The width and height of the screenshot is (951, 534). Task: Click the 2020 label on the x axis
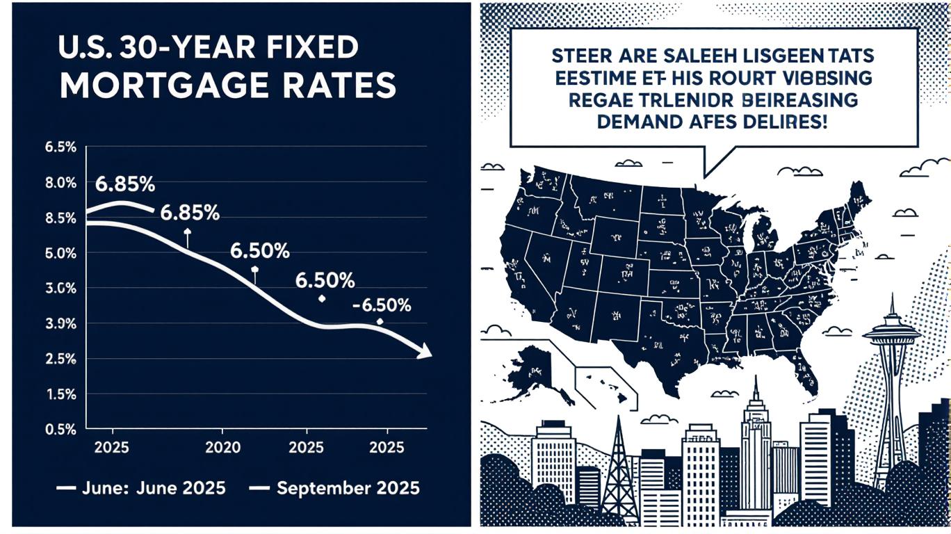pyautogui.click(x=224, y=446)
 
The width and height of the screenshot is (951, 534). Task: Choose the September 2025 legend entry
pyautogui.click(x=348, y=488)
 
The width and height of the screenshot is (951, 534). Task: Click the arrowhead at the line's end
pyautogui.click(x=424, y=353)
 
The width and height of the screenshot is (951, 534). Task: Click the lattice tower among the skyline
pyautogui.click(x=619, y=473)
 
